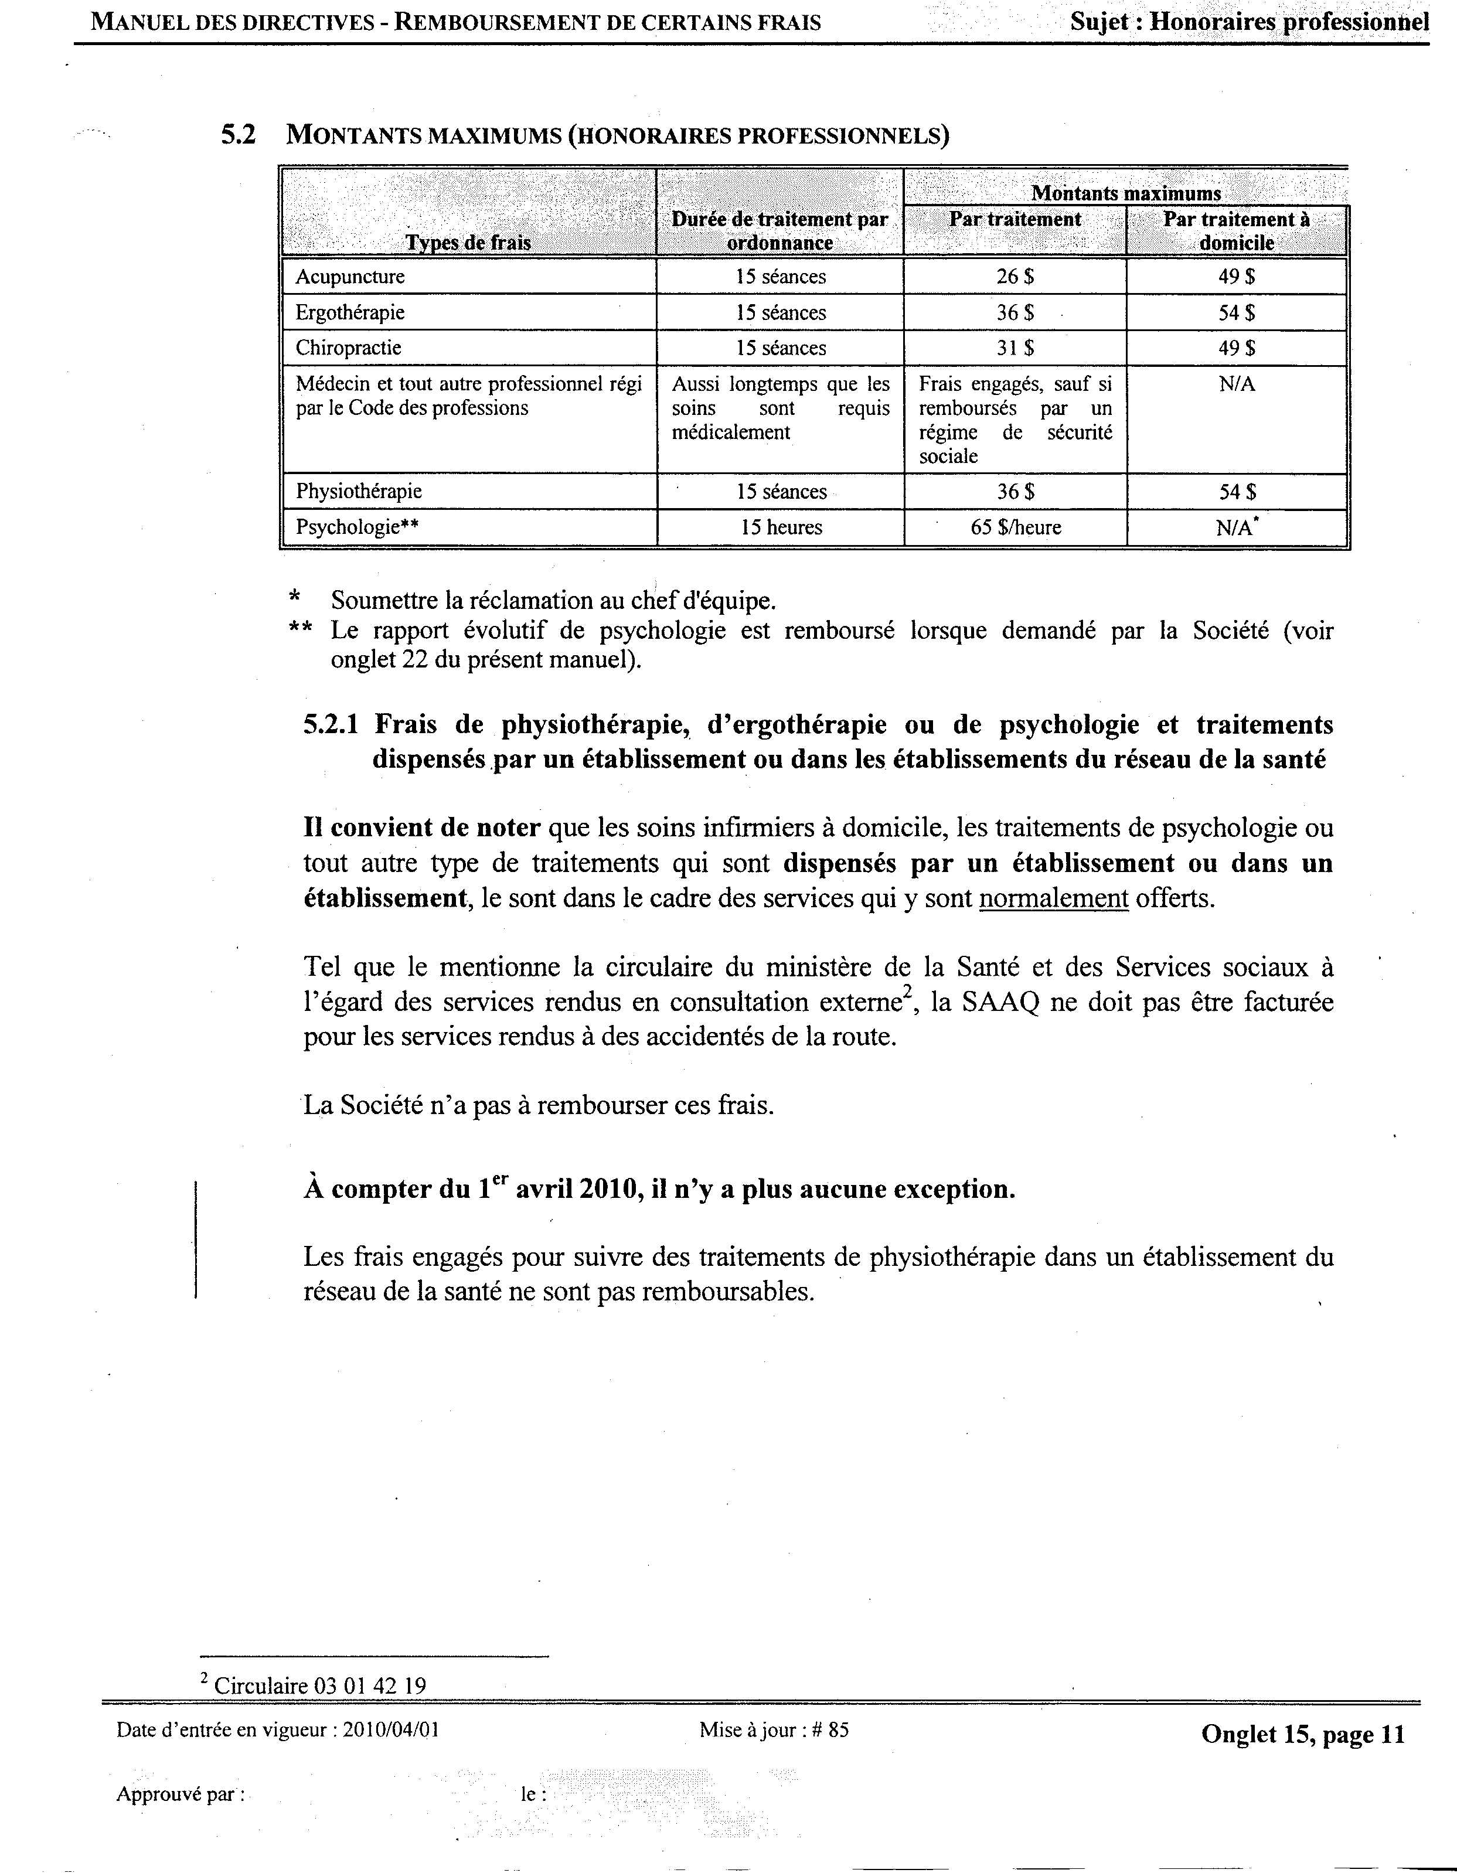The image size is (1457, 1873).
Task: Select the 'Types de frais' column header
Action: (x=468, y=243)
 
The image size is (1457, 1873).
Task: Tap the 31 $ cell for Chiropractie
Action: (x=1015, y=348)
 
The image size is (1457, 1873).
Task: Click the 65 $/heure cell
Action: (x=1015, y=527)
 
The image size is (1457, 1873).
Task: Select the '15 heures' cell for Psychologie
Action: (x=781, y=527)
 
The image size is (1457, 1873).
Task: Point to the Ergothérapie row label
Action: (x=350, y=313)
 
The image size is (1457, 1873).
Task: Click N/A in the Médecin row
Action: (x=1237, y=384)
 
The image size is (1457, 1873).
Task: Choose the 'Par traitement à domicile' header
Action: (x=1237, y=231)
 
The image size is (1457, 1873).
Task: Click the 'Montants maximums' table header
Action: (x=1125, y=193)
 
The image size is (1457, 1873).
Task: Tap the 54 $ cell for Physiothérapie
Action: (x=1237, y=492)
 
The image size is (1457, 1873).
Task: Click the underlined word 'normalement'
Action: (x=1053, y=899)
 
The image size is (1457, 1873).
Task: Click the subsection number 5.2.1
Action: (x=336, y=726)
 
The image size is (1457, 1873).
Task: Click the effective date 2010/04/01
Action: (x=391, y=1730)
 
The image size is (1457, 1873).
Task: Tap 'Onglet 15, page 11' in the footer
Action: (x=1303, y=1734)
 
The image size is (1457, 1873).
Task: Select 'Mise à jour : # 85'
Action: (x=774, y=1730)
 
